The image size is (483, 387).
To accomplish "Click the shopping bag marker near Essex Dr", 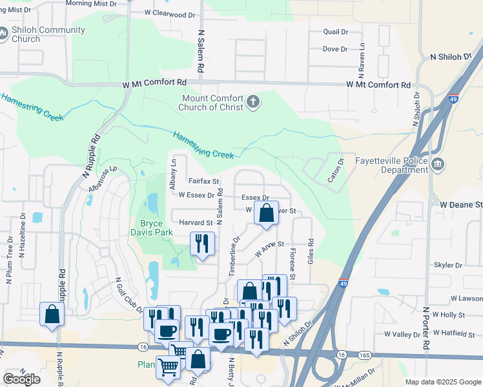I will click(x=266, y=213).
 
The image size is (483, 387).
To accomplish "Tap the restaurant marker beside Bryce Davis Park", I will click(x=202, y=243).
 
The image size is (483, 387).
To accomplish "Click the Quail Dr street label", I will click(x=334, y=32).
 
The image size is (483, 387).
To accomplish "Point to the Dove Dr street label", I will click(x=334, y=49).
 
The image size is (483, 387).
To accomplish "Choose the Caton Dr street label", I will click(x=336, y=170).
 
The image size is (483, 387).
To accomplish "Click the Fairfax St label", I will click(x=203, y=182).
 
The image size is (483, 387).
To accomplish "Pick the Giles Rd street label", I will click(x=311, y=252).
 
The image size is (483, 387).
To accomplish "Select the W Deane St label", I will click(x=461, y=204).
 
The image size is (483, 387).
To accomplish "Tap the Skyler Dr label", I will click(x=449, y=265).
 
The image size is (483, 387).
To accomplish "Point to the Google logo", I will click(x=22, y=379).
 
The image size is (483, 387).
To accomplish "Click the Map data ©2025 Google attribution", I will click(x=442, y=382).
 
